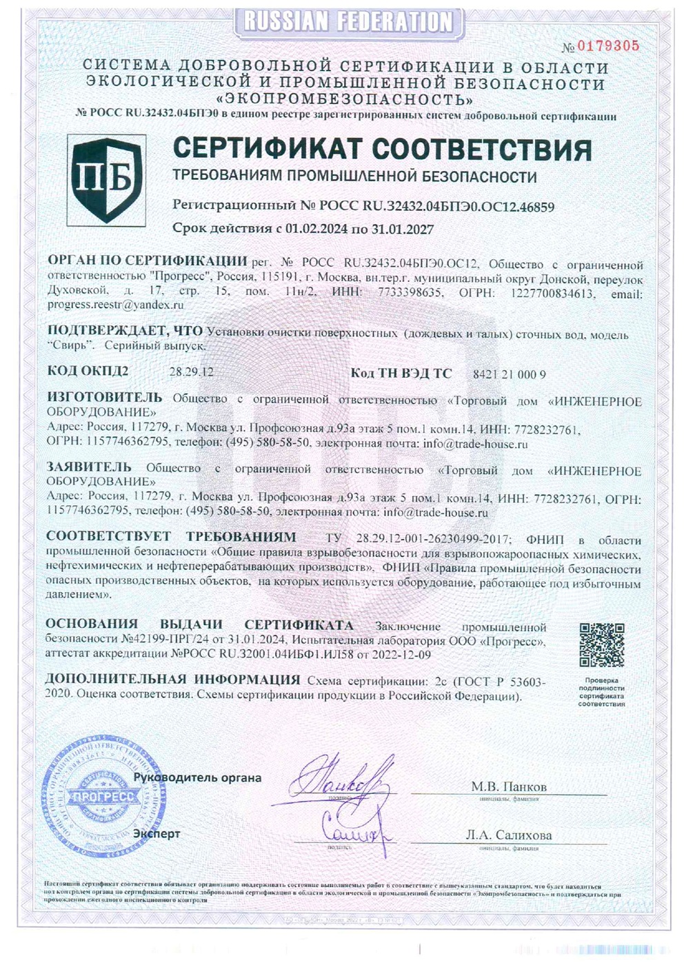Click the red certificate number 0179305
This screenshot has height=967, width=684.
pos(608,46)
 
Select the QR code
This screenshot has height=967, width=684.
pos(601,645)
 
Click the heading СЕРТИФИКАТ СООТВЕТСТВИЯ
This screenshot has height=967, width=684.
pos(381,149)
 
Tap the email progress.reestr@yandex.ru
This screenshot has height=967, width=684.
pos(114,304)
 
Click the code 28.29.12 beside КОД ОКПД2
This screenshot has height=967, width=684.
pos(191,372)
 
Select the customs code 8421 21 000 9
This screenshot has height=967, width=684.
pos(510,374)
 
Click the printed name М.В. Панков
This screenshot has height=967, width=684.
pos(508,786)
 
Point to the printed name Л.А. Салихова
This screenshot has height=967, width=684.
pos(508,835)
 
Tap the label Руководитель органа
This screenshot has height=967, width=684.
pos(197,777)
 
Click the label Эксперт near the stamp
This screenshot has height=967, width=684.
pos(157,833)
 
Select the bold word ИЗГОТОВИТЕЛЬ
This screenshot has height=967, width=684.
pos(104,397)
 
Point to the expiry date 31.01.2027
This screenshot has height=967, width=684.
pos(401,229)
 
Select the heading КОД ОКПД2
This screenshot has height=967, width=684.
pos(88,371)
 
